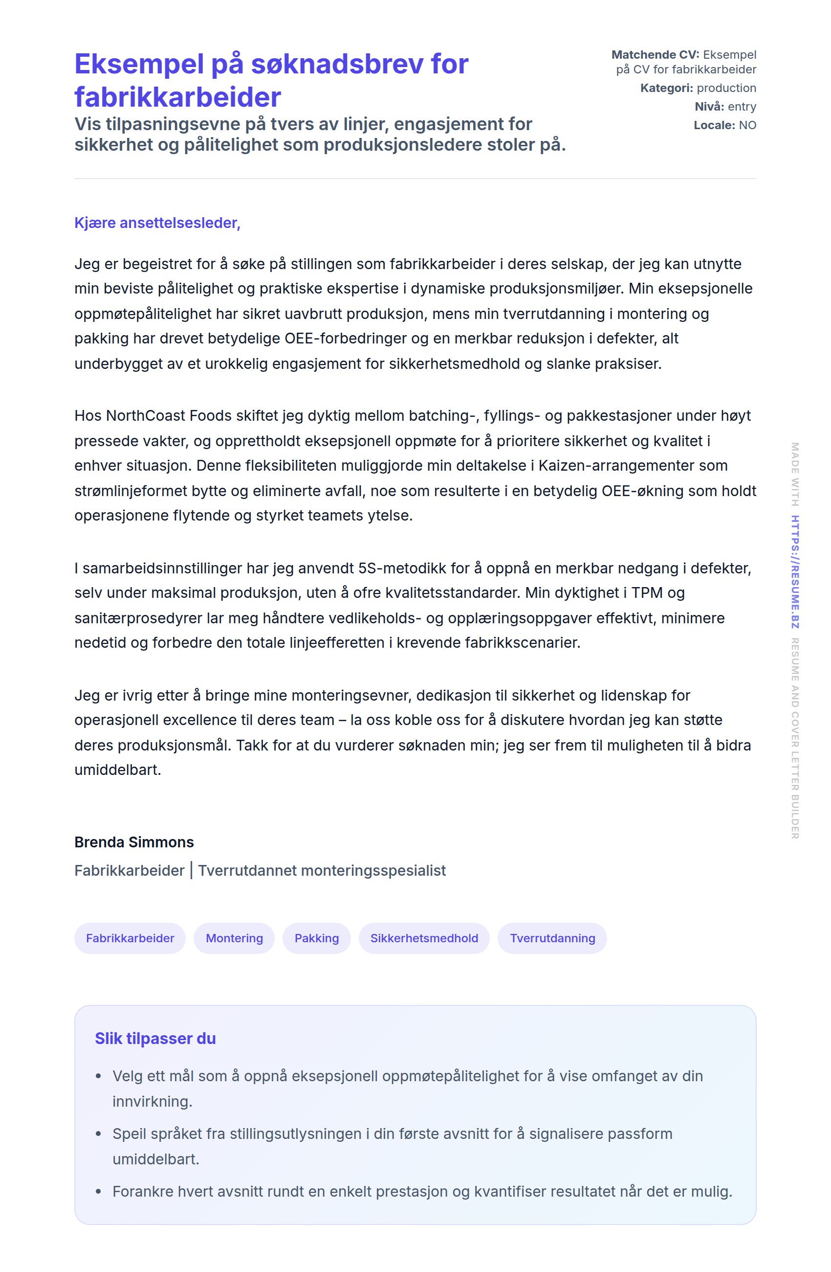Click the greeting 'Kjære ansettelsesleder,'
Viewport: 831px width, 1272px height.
tap(157, 223)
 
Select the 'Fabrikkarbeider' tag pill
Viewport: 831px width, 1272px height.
tap(130, 938)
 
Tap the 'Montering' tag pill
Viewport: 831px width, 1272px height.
tap(234, 938)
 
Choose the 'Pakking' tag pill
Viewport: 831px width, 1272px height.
tap(316, 938)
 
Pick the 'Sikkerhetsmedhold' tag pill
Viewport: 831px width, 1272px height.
tap(424, 938)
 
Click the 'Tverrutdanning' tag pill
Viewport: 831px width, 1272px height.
tap(552, 938)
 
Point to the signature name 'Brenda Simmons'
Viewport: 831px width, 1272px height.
tap(134, 842)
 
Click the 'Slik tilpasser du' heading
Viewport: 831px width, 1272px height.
tap(155, 1038)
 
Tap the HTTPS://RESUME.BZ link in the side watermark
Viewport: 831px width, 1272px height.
tap(795, 571)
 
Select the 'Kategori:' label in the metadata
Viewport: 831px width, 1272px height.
tap(666, 88)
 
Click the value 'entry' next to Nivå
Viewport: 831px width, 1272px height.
tap(742, 107)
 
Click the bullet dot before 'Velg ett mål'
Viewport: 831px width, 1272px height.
tap(98, 1076)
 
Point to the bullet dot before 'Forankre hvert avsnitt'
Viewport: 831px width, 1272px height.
tap(98, 1191)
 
